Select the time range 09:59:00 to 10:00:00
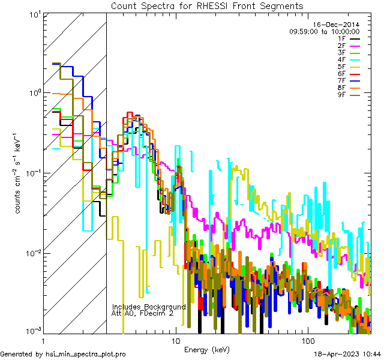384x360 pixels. (x=324, y=31)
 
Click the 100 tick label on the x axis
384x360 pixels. (x=307, y=340)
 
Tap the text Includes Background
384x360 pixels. (x=149, y=307)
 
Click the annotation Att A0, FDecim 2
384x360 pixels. (x=142, y=313)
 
